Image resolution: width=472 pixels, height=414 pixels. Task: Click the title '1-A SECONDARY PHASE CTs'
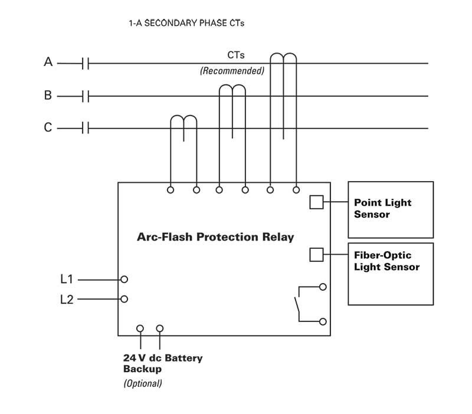186,24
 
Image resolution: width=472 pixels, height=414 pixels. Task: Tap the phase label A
48,61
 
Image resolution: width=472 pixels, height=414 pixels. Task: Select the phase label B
48,95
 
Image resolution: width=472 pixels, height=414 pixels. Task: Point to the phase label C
48,127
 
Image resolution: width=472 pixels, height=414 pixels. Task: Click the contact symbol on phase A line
86,63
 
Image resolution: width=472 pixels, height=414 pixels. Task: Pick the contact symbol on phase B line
86,96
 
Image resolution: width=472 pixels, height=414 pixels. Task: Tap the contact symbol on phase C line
86,128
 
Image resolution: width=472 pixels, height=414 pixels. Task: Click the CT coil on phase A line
283,59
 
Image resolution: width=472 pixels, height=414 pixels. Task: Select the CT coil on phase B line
232,91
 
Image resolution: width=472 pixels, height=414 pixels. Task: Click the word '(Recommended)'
232,71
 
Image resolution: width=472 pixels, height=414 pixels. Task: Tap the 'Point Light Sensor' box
391,208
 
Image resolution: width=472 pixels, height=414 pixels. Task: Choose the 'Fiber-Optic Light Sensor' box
391,274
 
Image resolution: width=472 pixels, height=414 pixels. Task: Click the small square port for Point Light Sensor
316,202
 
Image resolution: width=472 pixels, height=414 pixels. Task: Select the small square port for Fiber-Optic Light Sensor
316,254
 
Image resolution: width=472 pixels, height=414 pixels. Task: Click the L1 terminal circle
124,279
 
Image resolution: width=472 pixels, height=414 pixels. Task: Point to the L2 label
67,300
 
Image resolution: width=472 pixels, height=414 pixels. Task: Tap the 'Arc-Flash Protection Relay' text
215,237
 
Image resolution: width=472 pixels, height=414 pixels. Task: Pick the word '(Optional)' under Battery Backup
142,383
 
